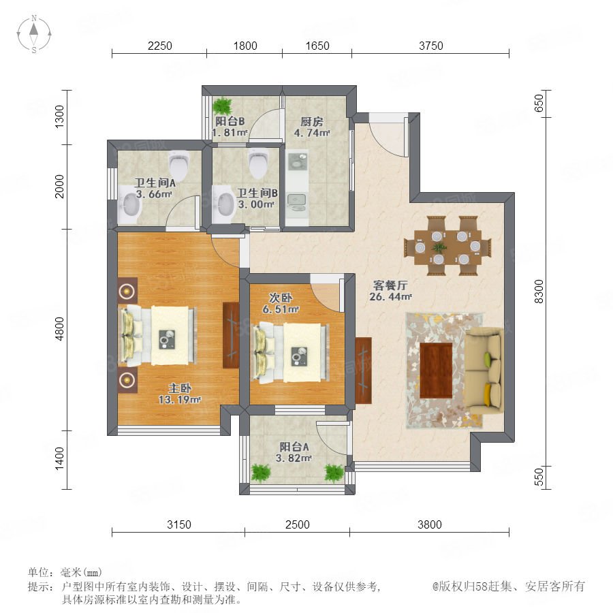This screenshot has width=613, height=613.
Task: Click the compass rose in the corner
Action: point(34,33)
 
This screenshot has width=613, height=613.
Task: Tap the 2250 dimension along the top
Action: point(160,46)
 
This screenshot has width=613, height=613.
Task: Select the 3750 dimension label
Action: point(431,46)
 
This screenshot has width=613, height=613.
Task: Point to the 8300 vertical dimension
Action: point(539,292)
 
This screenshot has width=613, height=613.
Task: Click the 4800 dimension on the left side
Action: point(59,329)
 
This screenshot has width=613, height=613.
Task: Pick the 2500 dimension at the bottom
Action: point(297,524)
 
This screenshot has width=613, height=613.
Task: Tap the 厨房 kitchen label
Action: point(311,122)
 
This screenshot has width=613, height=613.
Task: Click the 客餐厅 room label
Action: point(390,285)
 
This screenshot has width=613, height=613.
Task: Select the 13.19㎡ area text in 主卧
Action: point(180,400)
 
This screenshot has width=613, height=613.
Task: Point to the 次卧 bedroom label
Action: point(281,298)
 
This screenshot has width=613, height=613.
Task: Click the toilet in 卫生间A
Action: point(179,163)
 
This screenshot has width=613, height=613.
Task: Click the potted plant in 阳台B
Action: point(223,105)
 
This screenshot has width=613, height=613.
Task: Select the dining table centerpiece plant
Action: point(440,247)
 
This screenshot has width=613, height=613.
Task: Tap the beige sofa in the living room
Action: point(483,371)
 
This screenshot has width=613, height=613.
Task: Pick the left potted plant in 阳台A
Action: point(261,473)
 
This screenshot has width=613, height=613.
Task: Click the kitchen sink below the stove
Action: point(296,202)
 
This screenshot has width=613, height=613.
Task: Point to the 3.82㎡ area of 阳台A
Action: point(293,458)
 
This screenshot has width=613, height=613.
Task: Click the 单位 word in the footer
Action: point(40,573)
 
